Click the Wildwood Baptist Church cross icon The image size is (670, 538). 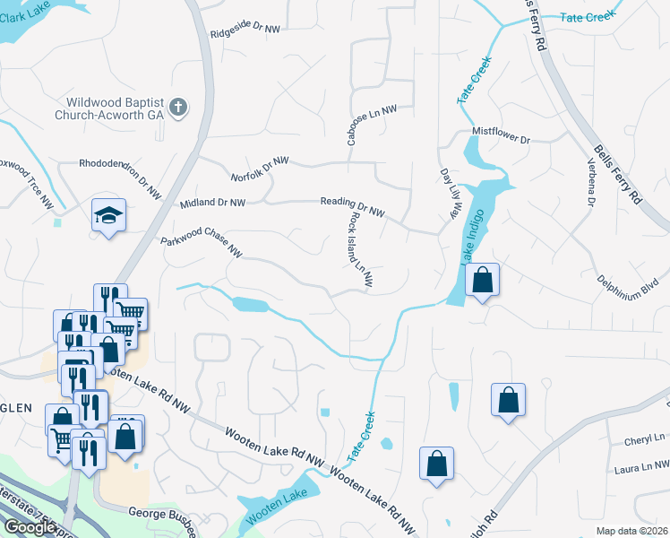point(178,108)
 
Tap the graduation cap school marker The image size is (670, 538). point(108,215)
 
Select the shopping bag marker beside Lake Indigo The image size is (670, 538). point(482,280)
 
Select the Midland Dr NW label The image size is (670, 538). point(212,204)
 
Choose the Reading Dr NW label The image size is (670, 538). point(352,207)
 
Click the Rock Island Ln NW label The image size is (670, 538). point(362,256)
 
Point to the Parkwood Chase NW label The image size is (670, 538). point(202,241)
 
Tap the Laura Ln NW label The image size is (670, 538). point(641,467)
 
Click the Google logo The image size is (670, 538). point(30,526)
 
